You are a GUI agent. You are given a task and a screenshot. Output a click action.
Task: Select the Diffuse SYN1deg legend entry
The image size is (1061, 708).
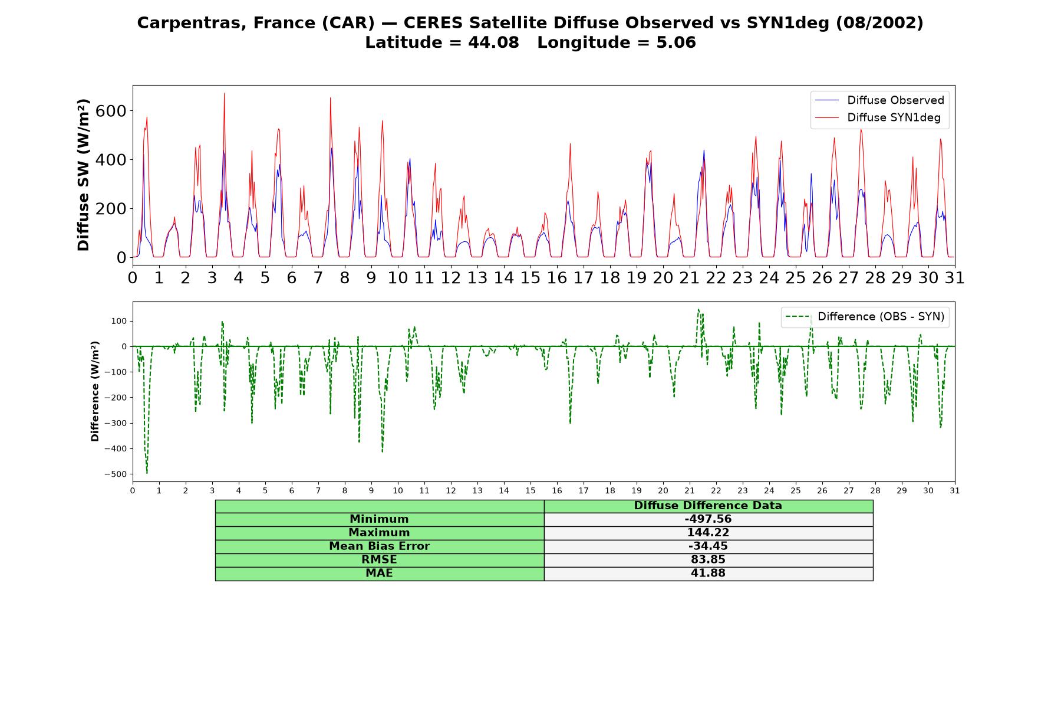878,117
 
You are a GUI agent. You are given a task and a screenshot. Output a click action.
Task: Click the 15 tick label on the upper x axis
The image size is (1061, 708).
530,278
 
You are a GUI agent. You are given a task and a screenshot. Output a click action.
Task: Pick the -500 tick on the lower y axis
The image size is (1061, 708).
116,474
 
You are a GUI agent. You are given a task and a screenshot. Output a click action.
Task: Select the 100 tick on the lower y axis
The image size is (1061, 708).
120,321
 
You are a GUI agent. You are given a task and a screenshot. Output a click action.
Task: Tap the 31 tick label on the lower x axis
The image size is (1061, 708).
955,491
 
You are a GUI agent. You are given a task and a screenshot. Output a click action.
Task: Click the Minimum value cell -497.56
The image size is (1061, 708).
708,519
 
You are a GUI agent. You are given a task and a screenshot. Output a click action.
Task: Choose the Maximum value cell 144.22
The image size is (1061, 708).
708,533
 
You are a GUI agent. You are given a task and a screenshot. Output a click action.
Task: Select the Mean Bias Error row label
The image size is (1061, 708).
379,546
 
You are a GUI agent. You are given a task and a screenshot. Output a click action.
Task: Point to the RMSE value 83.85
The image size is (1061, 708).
708,560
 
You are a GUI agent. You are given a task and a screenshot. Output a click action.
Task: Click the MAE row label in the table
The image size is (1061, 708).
379,573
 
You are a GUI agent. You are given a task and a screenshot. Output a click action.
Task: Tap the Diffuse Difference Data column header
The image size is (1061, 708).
708,506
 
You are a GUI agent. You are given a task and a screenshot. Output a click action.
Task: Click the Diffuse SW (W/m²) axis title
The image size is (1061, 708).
84,175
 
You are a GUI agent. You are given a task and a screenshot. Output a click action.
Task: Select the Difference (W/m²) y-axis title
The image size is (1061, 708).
95,392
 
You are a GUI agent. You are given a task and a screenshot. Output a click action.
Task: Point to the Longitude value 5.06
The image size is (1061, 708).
676,42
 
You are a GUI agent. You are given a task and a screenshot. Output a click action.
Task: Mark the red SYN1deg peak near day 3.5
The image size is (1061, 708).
224,94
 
